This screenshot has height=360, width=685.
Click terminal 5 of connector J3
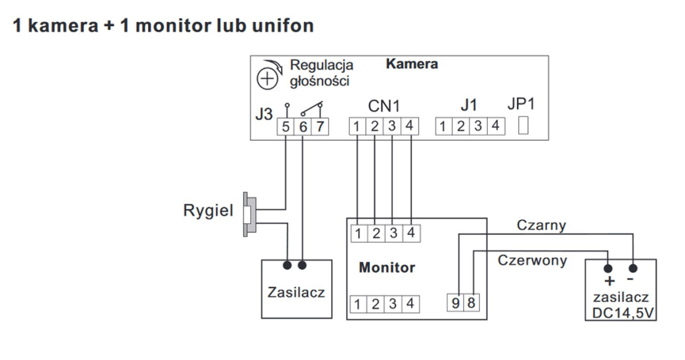click(285, 127)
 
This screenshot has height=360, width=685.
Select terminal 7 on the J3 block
click(321, 127)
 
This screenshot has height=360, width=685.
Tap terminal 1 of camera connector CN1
click(357, 126)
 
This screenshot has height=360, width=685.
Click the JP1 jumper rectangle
click(523, 126)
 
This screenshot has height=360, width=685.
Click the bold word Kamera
click(412, 64)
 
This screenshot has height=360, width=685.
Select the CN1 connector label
click(384, 106)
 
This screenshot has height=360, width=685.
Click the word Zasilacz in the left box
click(296, 293)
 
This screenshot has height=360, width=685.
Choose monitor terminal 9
click(456, 303)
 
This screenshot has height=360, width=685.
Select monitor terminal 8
click(471, 303)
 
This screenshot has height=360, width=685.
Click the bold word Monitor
click(386, 267)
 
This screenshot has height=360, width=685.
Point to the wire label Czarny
click(541, 225)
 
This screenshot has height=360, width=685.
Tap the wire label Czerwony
click(533, 261)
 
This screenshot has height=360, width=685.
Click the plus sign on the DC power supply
click(609, 281)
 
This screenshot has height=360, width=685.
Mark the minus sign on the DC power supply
click(630, 280)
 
